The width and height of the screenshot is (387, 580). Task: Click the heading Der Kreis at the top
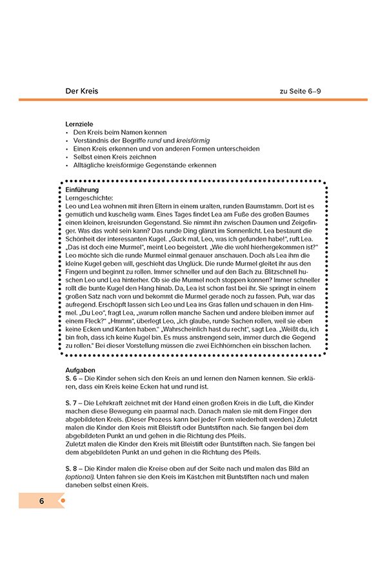(x=81, y=91)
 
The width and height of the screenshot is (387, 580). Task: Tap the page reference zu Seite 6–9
(x=300, y=91)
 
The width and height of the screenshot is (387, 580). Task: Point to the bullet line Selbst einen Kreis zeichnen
(x=114, y=157)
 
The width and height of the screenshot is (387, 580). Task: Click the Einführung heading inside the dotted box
(x=82, y=189)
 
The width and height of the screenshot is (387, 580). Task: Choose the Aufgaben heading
(x=80, y=371)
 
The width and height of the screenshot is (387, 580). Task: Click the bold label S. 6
(x=72, y=379)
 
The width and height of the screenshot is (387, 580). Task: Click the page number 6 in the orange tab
(x=41, y=501)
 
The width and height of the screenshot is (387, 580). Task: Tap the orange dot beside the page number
(x=63, y=501)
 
